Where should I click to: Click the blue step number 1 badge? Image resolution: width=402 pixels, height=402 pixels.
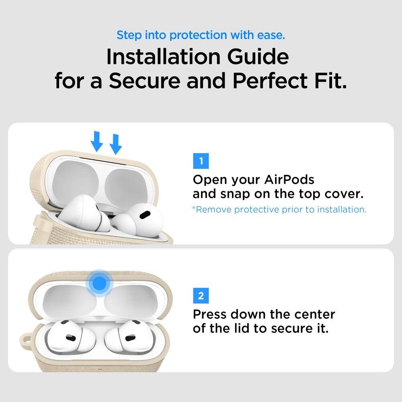[201, 162]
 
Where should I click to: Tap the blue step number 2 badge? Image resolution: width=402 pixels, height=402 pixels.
[201, 297]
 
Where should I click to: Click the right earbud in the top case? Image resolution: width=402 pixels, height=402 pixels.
[139, 222]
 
